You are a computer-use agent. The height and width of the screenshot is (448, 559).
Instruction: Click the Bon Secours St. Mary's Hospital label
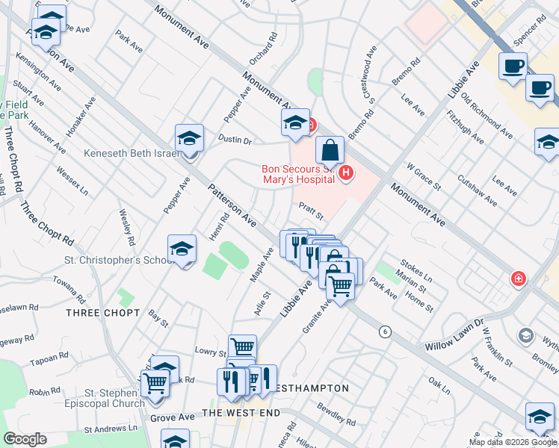[x=297, y=174]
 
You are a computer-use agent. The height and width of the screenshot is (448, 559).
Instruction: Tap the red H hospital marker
[x=345, y=174]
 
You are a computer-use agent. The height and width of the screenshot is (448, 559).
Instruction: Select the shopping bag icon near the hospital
[x=330, y=151]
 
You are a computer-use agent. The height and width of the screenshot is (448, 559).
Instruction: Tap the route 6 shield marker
[x=385, y=332]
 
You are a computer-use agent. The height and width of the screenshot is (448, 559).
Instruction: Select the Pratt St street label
[x=310, y=211]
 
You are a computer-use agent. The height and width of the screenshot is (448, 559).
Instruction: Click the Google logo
[x=25, y=439]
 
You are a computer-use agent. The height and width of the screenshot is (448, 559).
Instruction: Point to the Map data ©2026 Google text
[x=513, y=442]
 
